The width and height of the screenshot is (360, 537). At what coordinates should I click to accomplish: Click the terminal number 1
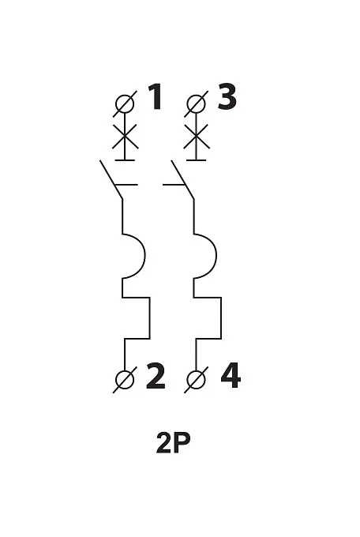point(156,97)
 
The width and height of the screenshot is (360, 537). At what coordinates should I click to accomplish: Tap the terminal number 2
point(156,377)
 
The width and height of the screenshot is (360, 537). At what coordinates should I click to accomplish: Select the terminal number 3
point(227,97)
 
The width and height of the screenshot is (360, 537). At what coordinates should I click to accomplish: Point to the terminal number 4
point(231,377)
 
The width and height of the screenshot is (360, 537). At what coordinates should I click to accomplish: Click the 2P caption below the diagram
point(173,443)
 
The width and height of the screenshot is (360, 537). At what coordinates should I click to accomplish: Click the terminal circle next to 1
point(125,103)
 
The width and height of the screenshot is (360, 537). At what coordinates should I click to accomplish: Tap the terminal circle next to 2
point(125,380)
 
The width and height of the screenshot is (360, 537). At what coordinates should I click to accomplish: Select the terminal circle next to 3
point(197,103)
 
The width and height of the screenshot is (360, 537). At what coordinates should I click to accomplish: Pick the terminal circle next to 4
point(197,380)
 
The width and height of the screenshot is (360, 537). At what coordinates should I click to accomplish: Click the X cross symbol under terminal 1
point(125,137)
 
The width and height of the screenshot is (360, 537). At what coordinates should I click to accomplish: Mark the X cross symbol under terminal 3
point(197,137)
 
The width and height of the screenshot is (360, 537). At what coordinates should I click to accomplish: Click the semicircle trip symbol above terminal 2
point(144,256)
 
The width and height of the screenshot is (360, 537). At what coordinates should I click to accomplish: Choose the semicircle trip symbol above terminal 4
point(216,256)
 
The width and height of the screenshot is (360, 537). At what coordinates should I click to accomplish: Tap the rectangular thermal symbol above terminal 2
point(149,318)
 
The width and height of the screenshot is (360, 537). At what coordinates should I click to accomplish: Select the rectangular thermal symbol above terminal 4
point(221,318)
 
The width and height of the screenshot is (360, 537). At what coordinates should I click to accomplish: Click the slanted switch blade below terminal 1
point(111,179)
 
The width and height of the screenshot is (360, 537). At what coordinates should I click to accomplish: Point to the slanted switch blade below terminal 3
point(182,179)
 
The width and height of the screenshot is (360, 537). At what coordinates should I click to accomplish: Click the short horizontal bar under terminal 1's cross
point(125,160)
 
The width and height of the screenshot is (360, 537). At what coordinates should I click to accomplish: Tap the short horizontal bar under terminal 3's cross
point(197,160)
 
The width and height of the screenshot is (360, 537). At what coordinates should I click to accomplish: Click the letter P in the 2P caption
point(182,443)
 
